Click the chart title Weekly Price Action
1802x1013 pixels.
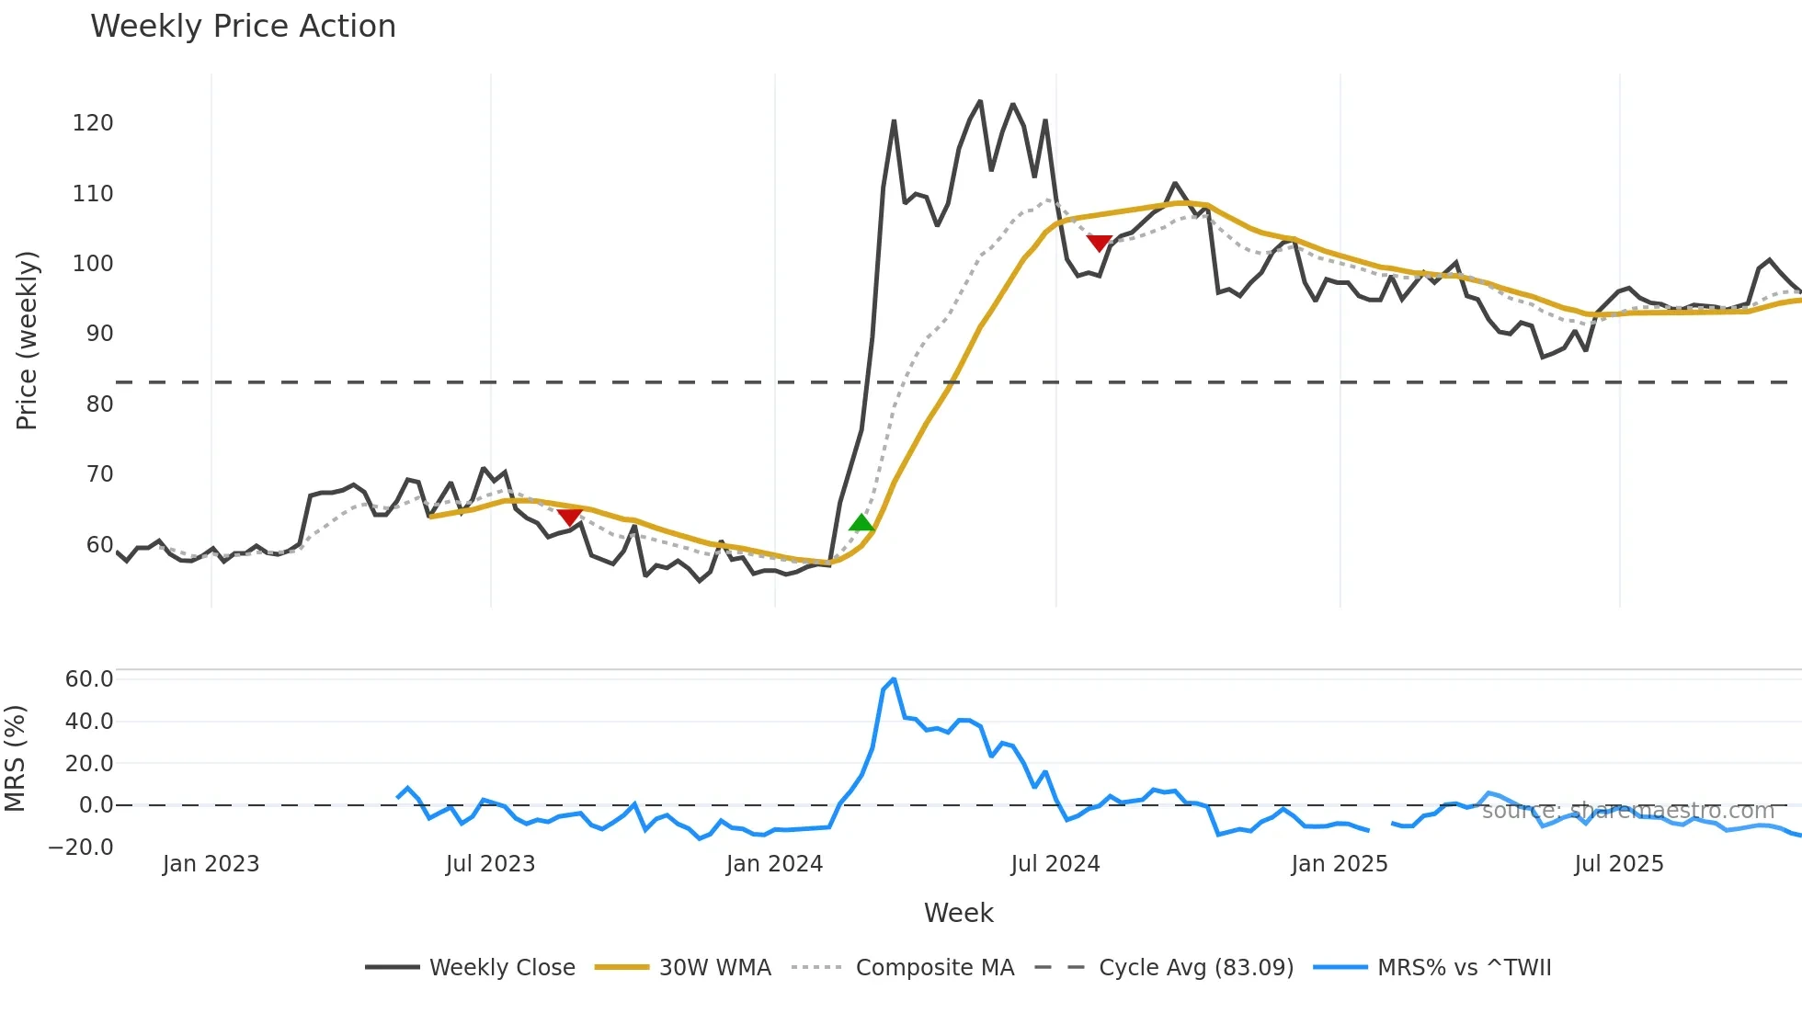243,27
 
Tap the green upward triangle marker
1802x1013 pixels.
861,523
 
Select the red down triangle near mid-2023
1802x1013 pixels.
569,517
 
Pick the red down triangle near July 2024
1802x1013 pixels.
1099,243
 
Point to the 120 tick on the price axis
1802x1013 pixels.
93,123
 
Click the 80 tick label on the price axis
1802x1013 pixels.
99,404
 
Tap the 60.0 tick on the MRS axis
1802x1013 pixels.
89,679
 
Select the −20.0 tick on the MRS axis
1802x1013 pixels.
81,848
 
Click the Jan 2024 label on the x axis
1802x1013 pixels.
774,864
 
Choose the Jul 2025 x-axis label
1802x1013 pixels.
1618,864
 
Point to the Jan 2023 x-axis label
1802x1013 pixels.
211,864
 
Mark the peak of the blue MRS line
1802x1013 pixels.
893,679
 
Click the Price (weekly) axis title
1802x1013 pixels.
27,340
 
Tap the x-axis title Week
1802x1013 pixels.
958,913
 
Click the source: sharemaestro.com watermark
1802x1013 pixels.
1627,810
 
